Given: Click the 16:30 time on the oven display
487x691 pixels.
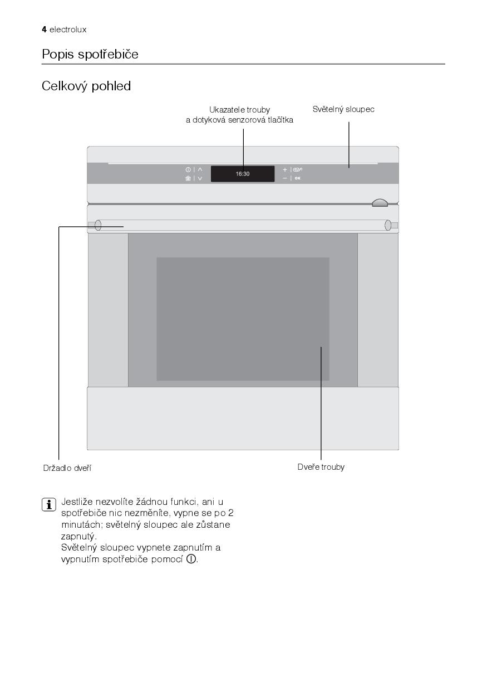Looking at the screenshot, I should (243, 174).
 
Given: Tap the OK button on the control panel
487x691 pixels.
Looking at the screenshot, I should (298, 178).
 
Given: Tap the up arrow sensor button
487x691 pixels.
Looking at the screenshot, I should (200, 169).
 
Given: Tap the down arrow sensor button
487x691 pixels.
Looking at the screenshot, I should (200, 178).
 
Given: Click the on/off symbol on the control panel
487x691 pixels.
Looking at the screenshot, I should (188, 169).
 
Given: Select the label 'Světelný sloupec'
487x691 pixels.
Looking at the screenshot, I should (343, 109).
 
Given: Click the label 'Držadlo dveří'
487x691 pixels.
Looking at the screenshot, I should (67, 468).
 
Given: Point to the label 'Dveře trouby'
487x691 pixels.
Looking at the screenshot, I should (321, 467).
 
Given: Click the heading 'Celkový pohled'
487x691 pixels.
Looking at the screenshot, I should (86, 86).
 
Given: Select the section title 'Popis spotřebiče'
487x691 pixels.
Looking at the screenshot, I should (90, 55).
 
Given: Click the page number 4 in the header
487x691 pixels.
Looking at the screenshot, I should (44, 30).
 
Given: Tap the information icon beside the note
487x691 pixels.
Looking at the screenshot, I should (49, 505).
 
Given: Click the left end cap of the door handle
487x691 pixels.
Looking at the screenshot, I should (98, 225).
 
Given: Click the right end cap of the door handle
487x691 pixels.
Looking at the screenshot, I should (388, 225).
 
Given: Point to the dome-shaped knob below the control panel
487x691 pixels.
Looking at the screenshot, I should (380, 203).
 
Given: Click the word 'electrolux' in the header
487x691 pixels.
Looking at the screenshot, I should (68, 30).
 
